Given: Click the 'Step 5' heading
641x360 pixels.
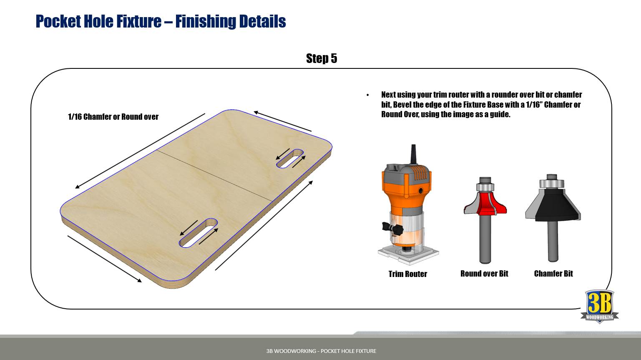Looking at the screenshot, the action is [322, 58].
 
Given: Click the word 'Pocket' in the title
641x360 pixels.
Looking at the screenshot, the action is [58, 21].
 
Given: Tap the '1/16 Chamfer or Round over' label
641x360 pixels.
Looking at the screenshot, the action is [113, 117].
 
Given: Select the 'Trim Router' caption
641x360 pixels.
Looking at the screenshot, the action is [407, 274].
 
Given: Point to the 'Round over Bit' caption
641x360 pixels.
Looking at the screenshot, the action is [484, 274].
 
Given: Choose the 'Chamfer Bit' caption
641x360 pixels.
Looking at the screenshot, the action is [553, 274].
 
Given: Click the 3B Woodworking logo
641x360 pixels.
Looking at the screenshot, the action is [600, 306].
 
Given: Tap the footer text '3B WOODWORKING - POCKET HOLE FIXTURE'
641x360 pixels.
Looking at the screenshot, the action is [321, 351].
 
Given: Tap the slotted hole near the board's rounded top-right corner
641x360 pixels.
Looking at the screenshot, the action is [290, 159].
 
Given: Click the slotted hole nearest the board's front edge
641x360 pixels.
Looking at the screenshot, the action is [198, 233].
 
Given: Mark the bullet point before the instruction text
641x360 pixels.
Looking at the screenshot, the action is [368, 95].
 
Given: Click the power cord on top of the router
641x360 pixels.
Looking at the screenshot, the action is [413, 154].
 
